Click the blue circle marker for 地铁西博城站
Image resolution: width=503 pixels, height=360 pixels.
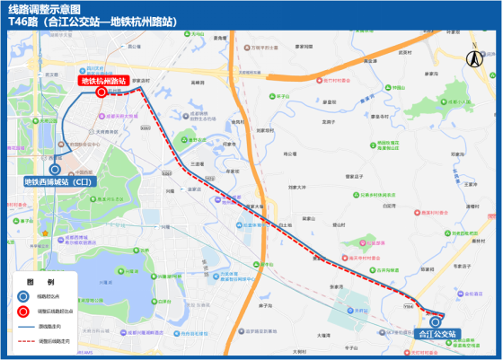[55, 168]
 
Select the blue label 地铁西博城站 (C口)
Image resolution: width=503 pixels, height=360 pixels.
[57, 181]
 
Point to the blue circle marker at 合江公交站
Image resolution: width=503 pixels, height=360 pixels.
[436, 320]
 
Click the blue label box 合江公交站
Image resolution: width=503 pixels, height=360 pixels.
[439, 334]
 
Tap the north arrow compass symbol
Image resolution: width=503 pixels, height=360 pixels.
[473, 55]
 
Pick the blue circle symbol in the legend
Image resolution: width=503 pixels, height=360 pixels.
[22, 294]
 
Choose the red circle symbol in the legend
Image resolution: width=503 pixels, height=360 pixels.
[22, 312]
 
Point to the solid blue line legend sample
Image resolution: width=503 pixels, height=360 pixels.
[22, 328]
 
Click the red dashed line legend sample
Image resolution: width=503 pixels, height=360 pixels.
[22, 342]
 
